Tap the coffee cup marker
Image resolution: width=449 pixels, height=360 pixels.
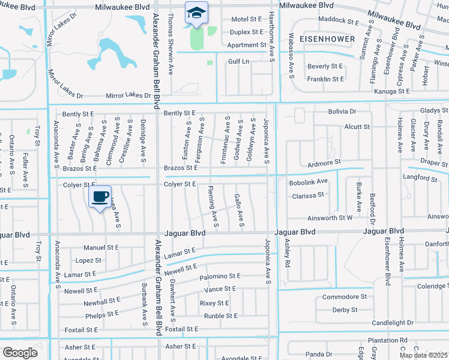[100, 197]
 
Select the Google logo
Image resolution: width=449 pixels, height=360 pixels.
[20, 352]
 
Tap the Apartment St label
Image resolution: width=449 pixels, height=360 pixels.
[247, 45]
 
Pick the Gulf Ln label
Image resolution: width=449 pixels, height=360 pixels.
[238, 61]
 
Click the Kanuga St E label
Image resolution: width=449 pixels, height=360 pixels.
[391, 91]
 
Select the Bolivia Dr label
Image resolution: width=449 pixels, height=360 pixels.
[342, 112]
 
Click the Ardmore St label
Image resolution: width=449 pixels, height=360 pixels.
[324, 162]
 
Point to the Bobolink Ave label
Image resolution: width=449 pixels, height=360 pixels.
[308, 181]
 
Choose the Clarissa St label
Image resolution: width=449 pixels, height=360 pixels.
[308, 195]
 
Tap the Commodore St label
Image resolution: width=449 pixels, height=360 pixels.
[344, 297]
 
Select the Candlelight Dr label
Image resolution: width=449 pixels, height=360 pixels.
[393, 323]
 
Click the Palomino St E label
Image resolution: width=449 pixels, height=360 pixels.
[220, 276]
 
